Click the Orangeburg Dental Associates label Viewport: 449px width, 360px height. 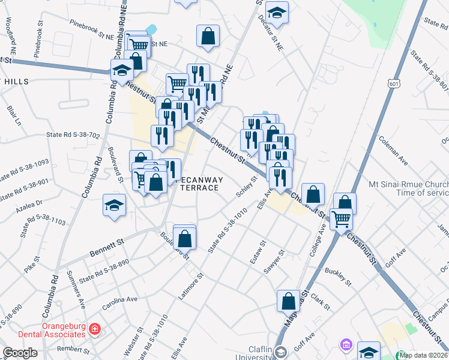click(44, 330)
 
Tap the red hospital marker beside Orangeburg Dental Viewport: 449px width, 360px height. click(94, 329)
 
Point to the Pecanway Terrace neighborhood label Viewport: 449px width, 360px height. click(200, 184)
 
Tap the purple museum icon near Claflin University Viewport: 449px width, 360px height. click(345, 345)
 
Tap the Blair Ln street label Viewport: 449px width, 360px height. click(14, 116)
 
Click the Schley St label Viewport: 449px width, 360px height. click(247, 187)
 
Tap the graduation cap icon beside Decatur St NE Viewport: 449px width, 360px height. click(277, 11)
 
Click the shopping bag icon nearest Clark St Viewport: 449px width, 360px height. click(288, 301)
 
